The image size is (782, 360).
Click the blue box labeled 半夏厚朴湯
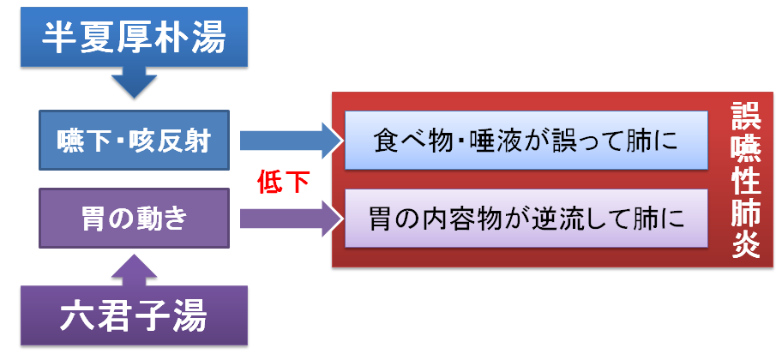tap(134, 36)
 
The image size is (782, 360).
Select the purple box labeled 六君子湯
tap(134, 315)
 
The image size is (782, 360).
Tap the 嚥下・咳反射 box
tap(134, 141)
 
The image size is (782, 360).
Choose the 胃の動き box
tap(134, 218)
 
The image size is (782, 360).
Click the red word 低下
tap(283, 182)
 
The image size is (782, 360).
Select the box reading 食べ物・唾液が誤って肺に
tap(526, 141)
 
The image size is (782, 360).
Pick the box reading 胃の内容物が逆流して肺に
tap(526, 218)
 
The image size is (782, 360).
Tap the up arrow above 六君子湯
tap(134, 269)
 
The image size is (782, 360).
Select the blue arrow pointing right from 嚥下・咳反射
tap(292, 141)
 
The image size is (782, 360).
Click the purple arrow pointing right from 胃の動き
tap(292, 219)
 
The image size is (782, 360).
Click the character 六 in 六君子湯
tap(78, 316)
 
